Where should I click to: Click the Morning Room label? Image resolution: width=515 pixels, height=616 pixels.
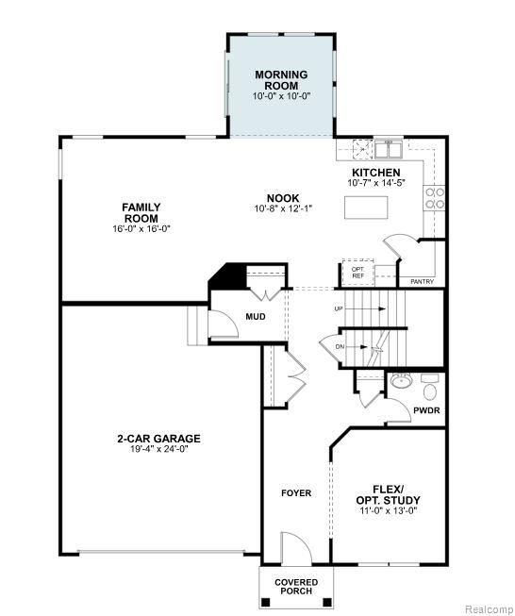[x=281, y=80]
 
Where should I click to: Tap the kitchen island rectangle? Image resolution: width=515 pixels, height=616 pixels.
[x=366, y=207]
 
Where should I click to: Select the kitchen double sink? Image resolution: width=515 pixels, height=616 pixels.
[x=388, y=150]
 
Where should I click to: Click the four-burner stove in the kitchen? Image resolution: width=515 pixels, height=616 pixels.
[x=435, y=198]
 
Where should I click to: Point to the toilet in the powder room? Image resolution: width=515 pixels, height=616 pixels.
[x=430, y=387]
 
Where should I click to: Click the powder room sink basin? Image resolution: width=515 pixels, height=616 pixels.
[x=401, y=380]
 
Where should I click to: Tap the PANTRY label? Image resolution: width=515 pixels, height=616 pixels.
[x=422, y=282]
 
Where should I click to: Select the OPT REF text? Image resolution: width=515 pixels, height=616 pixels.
[x=357, y=273]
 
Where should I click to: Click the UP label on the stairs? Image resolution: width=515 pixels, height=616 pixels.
[x=339, y=308]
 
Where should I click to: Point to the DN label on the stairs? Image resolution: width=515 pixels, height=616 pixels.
[x=340, y=347]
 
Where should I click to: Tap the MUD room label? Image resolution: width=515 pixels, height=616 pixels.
[x=256, y=316]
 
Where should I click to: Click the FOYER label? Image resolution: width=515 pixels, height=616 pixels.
[x=296, y=493]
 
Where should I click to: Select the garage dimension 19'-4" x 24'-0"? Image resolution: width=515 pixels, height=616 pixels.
[x=159, y=449]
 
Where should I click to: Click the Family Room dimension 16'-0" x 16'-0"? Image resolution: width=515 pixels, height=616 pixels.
[x=141, y=228]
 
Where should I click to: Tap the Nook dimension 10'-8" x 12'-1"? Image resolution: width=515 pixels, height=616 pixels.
[x=283, y=208]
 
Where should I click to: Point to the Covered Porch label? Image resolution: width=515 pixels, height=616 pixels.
[x=296, y=587]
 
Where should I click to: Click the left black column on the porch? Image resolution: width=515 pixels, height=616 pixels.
[x=266, y=602]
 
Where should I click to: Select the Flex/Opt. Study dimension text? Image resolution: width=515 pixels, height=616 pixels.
[x=388, y=510]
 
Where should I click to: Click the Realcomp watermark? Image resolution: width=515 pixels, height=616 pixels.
[x=490, y=609]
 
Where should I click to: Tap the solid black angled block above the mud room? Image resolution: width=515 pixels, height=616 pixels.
[x=228, y=275]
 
